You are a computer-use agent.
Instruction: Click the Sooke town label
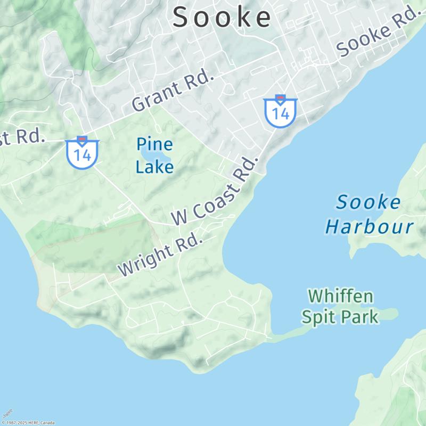222,17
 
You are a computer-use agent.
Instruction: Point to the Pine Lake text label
154,155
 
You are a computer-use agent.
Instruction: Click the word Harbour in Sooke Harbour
369,227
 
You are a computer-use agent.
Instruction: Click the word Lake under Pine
154,167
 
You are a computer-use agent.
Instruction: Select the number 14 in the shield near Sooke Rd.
280,113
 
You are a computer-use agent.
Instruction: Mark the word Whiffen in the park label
341,296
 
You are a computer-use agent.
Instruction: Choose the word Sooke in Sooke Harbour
368,202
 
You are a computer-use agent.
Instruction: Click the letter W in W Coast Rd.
179,217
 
